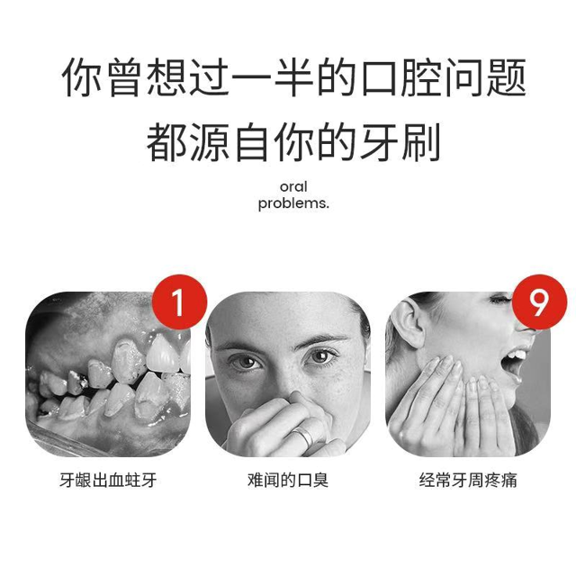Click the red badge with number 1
click(179, 302)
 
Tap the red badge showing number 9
click(539, 302)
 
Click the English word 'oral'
click(293, 187)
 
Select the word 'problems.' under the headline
click(293, 203)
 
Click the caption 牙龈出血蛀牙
click(108, 481)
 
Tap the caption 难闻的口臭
click(288, 481)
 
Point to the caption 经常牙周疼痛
click(468, 481)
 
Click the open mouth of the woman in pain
click(514, 361)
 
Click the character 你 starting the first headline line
click(81, 77)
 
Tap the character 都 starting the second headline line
click(166, 141)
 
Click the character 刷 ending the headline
click(421, 141)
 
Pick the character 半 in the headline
click(293, 77)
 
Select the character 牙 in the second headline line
click(378, 141)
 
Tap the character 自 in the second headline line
click(252, 141)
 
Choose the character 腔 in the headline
click(421, 77)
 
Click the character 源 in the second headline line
click(209, 141)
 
